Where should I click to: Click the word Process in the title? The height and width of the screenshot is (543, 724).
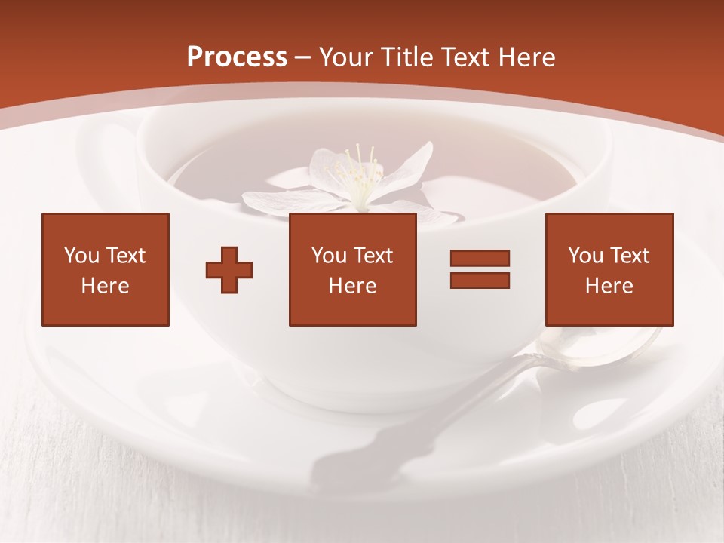(237, 57)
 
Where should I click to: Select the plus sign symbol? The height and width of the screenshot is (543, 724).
(229, 269)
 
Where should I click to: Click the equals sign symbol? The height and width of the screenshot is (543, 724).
(480, 269)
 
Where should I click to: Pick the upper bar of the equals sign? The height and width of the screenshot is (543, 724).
(480, 259)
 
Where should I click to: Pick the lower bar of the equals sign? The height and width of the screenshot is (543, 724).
(480, 280)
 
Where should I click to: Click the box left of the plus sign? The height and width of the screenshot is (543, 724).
(106, 269)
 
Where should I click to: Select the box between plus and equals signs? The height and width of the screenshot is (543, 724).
(352, 269)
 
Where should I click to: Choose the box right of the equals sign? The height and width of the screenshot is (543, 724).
(609, 269)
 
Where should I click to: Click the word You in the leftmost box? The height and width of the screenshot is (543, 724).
(81, 256)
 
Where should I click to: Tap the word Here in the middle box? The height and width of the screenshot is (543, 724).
(352, 286)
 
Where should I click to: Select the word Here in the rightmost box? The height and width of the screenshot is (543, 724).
(609, 286)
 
